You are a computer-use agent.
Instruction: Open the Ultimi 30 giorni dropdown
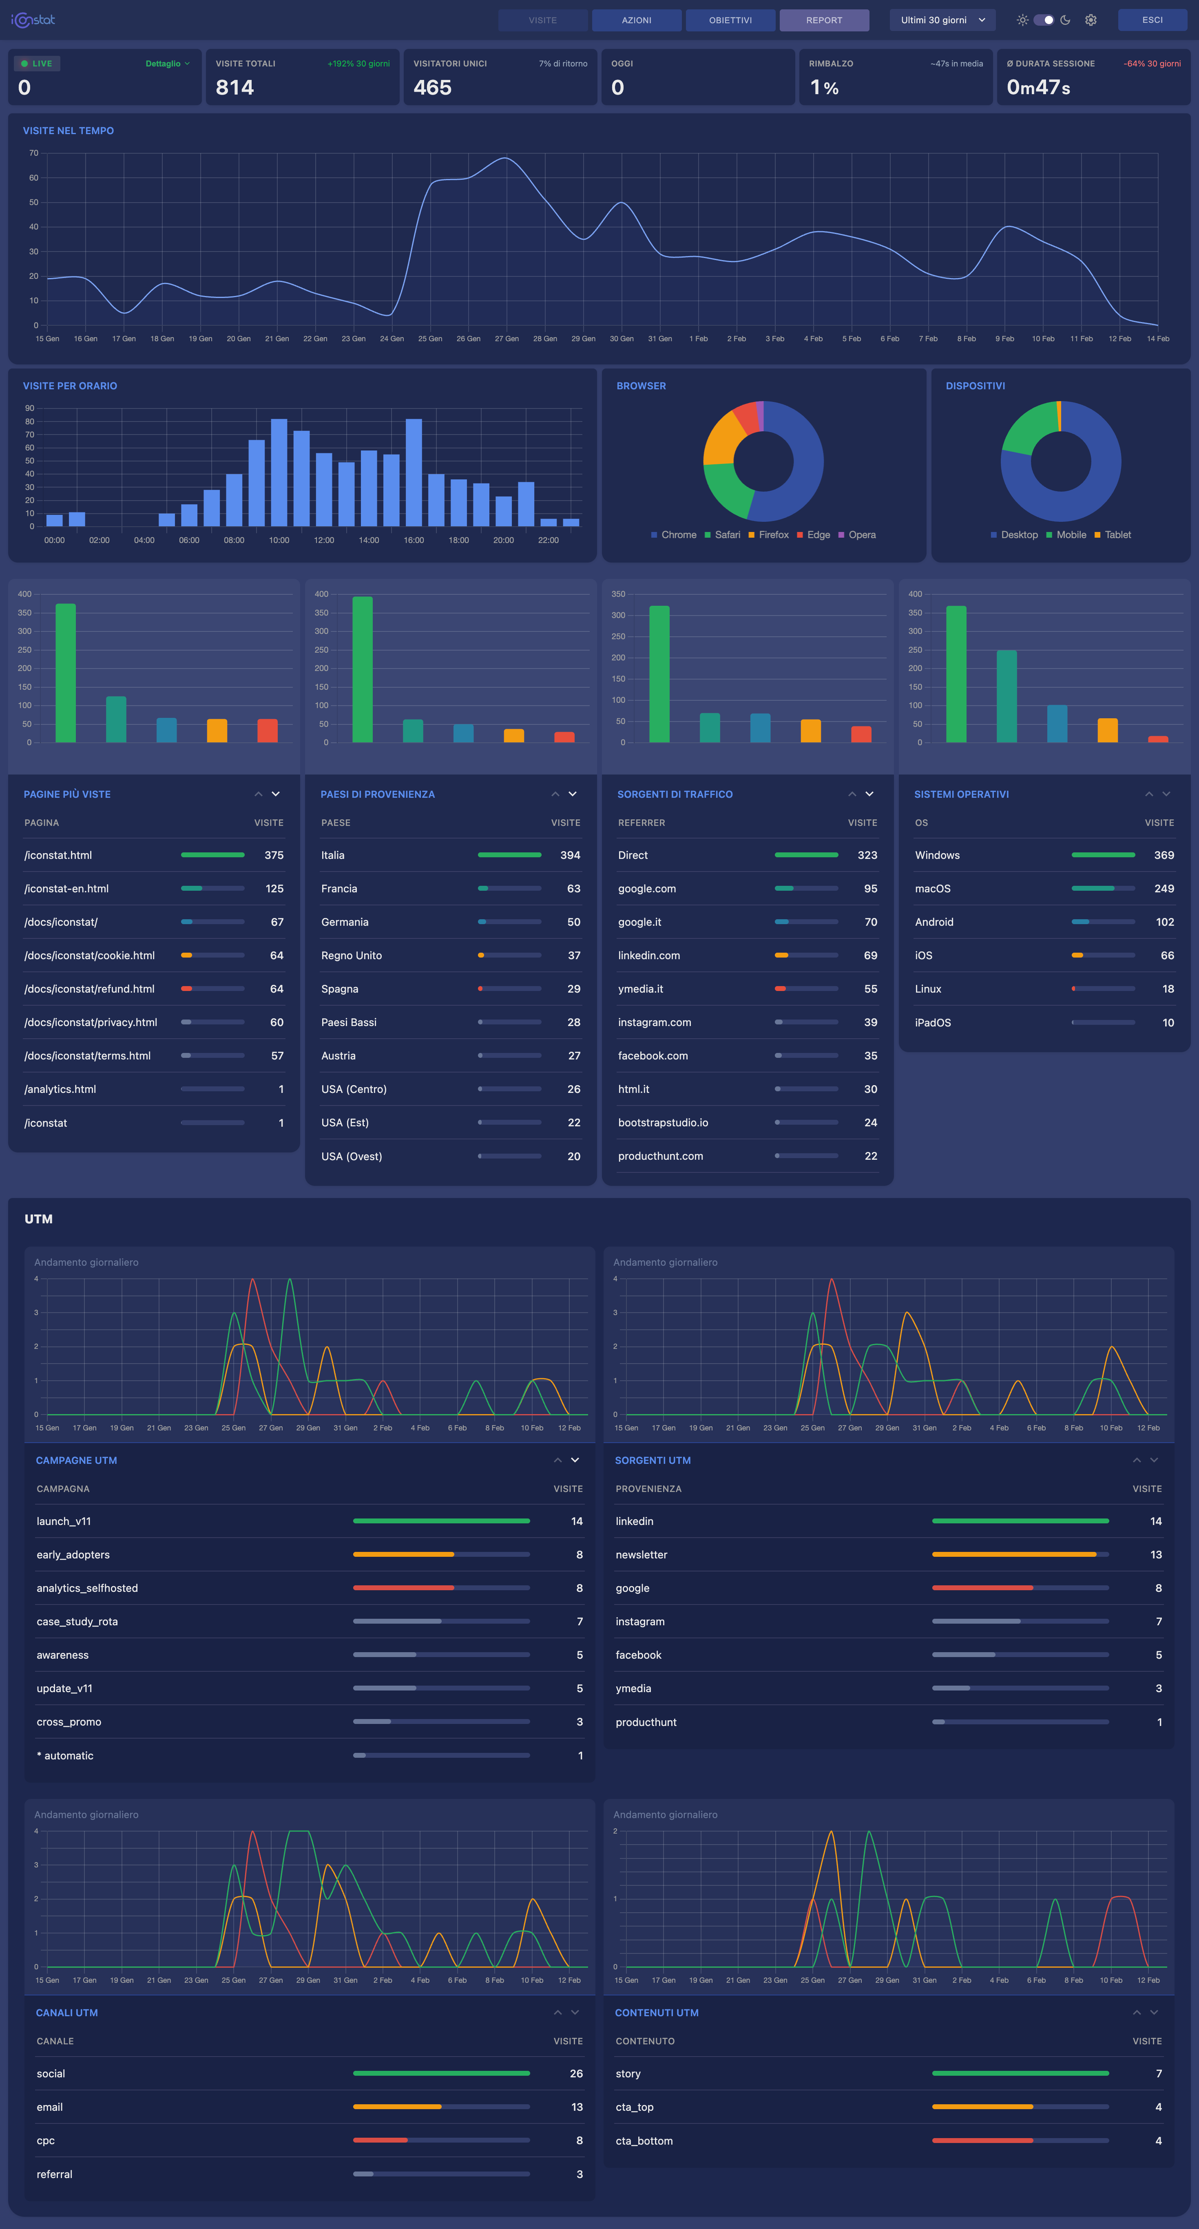(x=942, y=20)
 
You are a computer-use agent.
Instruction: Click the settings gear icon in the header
(x=1091, y=20)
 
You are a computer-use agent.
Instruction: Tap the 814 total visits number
(x=234, y=87)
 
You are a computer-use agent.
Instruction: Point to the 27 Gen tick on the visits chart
(x=507, y=338)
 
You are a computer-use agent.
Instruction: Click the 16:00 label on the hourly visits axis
(x=414, y=540)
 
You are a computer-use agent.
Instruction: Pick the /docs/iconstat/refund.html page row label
(x=89, y=989)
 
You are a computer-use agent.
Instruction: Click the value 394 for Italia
(x=570, y=855)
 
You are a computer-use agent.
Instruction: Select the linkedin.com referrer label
(x=648, y=955)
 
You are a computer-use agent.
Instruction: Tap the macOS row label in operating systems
(x=932, y=889)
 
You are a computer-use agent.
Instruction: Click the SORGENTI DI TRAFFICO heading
(x=675, y=794)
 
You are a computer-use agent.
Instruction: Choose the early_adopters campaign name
(x=73, y=1555)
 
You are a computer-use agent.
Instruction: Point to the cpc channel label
(x=46, y=2141)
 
